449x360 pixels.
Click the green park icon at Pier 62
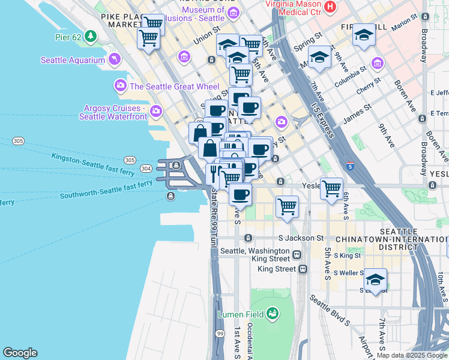91,36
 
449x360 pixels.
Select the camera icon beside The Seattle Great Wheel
121,86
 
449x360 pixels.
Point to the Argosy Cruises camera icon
156,111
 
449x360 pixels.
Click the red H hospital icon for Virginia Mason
329,7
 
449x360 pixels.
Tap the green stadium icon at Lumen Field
273,313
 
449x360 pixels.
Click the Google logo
20,353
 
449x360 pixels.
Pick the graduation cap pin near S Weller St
375,280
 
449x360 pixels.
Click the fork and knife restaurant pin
215,174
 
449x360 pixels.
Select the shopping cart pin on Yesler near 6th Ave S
331,188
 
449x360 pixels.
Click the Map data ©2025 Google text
412,355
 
